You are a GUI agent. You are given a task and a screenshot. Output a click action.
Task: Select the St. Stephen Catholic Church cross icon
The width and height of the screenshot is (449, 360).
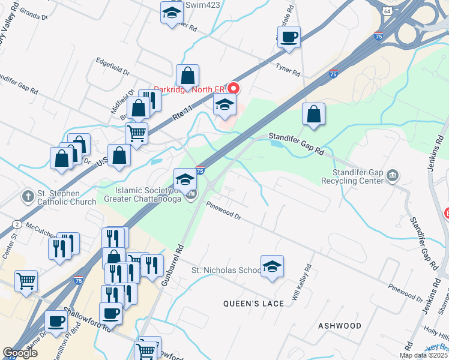tap(28, 196)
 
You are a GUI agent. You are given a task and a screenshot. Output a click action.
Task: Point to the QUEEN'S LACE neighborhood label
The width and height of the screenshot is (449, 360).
tap(253, 304)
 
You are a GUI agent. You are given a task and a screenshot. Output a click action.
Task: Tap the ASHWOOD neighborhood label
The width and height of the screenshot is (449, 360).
tap(340, 326)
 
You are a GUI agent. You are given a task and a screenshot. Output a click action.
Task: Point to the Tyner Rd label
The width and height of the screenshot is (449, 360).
tap(288, 70)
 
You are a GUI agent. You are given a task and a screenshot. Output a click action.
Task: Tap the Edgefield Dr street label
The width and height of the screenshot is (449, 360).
tap(112, 65)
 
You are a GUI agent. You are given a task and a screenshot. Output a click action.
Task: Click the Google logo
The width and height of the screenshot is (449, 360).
tap(20, 353)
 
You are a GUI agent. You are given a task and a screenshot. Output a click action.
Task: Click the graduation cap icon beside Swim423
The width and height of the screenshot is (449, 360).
tap(172, 13)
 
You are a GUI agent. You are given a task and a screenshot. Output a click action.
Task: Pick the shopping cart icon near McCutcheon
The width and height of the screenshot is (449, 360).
tap(26, 280)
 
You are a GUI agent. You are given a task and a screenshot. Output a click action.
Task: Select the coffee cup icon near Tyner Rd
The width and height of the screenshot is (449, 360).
tap(289, 37)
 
